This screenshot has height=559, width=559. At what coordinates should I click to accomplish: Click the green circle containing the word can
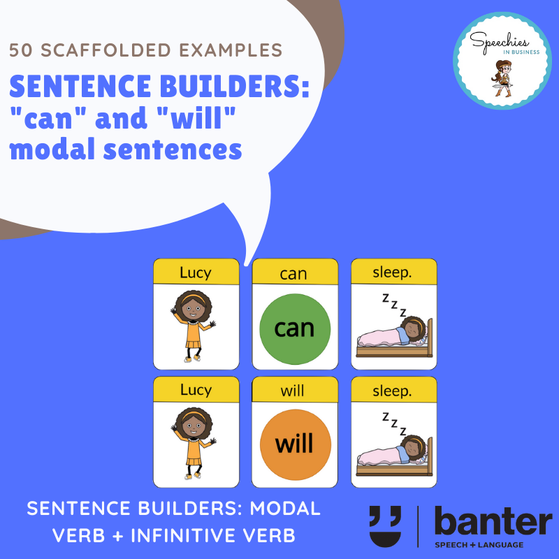click(295, 328)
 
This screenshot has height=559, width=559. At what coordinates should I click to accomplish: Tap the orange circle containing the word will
click(295, 444)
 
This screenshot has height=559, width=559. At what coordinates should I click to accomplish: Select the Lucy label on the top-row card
click(196, 273)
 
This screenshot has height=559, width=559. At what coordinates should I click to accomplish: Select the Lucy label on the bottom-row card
click(196, 390)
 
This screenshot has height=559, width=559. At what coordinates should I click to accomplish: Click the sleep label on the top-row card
click(392, 273)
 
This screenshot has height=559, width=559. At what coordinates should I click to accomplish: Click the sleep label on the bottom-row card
click(392, 391)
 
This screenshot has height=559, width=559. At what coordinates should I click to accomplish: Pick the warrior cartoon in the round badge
click(502, 78)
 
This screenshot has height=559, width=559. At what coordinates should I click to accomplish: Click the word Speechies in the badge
click(499, 43)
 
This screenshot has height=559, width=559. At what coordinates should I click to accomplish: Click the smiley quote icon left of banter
click(386, 526)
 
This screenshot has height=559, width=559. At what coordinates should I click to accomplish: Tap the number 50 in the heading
click(21, 50)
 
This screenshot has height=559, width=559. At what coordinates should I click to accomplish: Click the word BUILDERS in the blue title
click(235, 86)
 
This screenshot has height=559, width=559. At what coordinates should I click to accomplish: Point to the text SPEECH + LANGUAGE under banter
click(479, 545)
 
